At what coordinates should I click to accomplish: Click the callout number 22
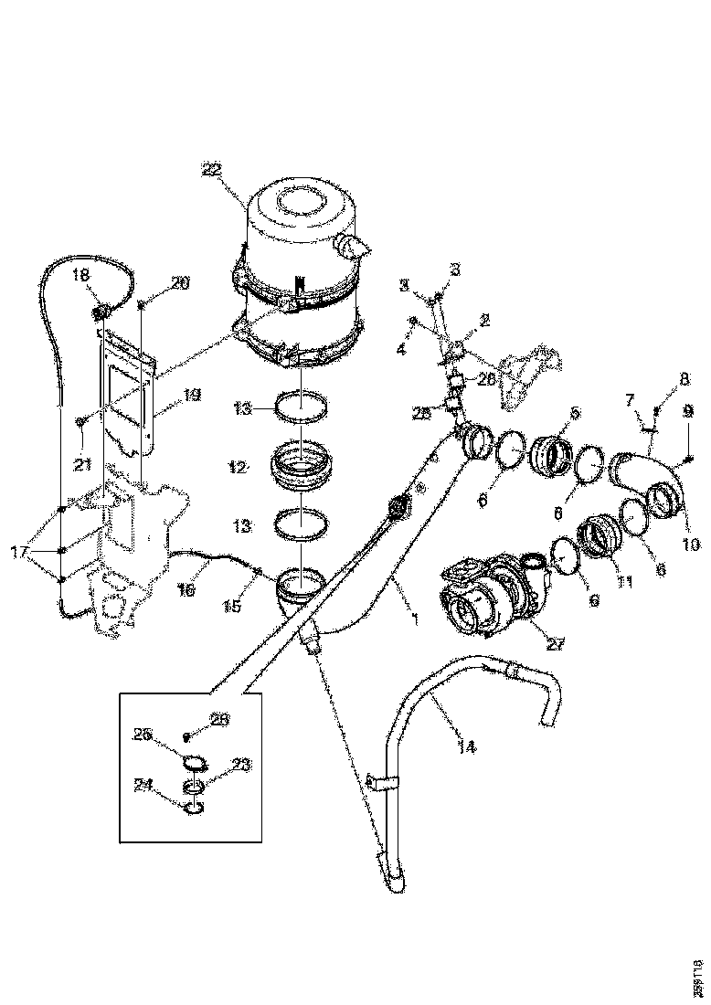[211, 169]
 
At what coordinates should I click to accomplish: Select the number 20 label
[179, 283]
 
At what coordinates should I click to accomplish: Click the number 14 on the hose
[465, 746]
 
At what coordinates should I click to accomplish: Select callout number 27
[554, 643]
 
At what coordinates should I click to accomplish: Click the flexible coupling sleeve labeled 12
[302, 464]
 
